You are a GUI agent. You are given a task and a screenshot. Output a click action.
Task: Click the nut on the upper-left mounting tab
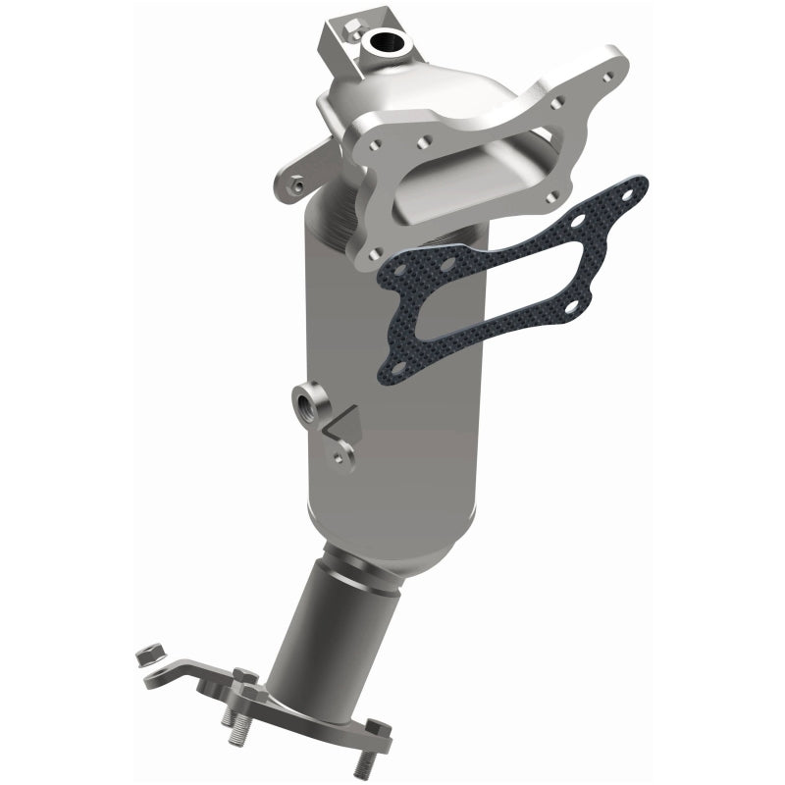(295, 183)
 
